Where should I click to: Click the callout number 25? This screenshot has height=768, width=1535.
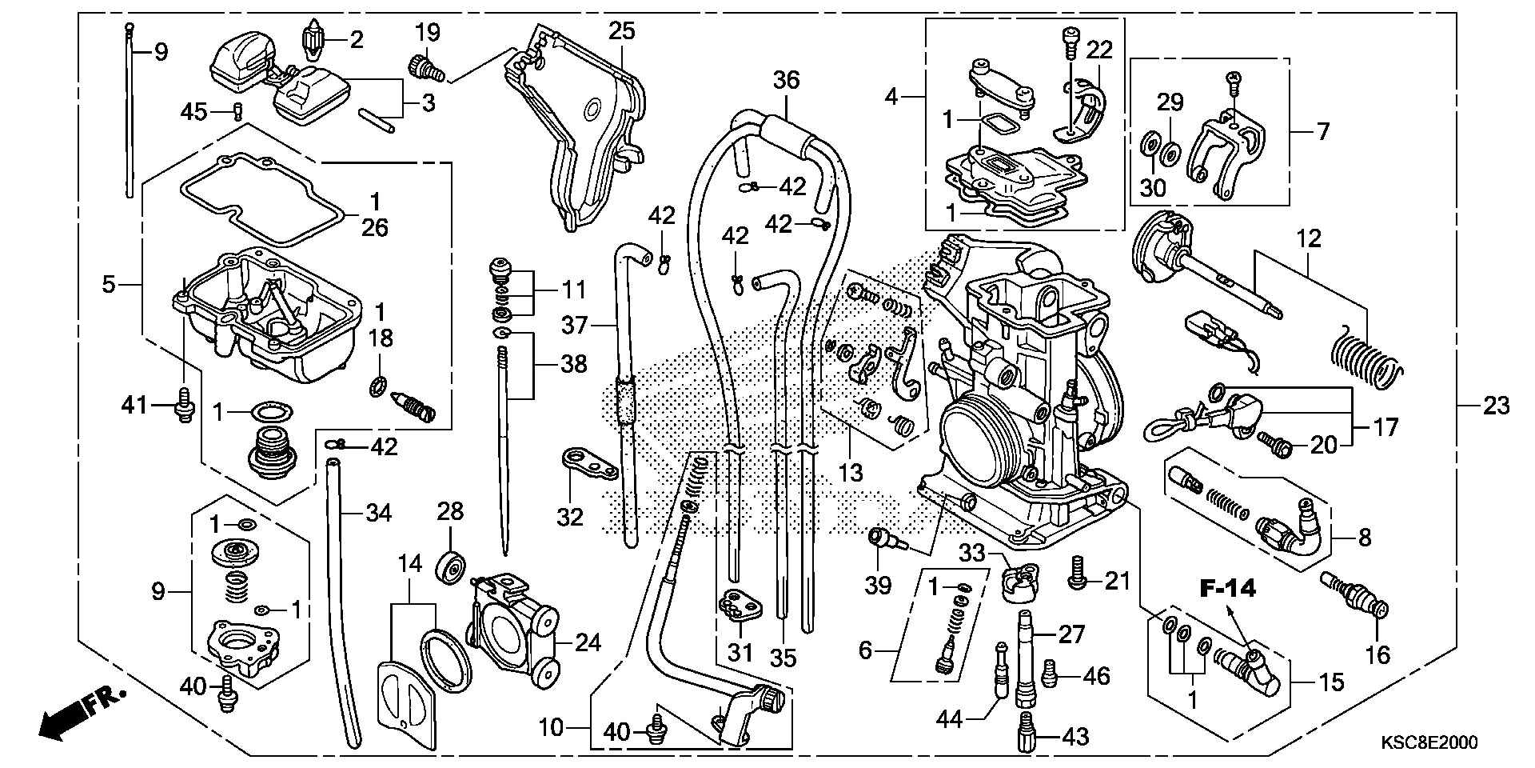click(621, 31)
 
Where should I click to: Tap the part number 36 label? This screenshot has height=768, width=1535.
click(786, 80)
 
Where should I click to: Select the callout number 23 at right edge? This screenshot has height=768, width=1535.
click(1496, 406)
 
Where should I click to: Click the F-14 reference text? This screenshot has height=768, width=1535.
click(1227, 590)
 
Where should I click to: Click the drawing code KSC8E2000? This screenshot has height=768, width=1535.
click(1427, 743)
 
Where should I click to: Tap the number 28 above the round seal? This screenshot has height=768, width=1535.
click(450, 511)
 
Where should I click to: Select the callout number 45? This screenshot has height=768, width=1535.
click(193, 113)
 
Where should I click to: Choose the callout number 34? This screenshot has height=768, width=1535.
click(378, 512)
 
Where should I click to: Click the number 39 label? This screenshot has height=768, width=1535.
click(878, 586)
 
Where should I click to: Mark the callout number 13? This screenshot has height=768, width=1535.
click(850, 473)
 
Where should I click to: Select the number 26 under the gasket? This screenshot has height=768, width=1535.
click(374, 228)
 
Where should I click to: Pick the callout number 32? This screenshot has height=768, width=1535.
click(570, 518)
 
